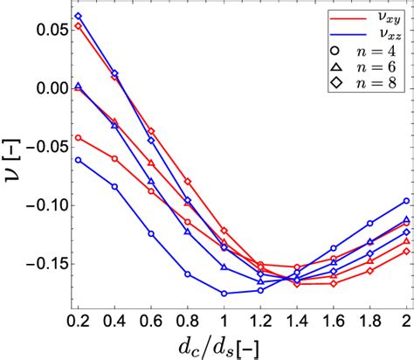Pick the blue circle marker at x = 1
point(224,294)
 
